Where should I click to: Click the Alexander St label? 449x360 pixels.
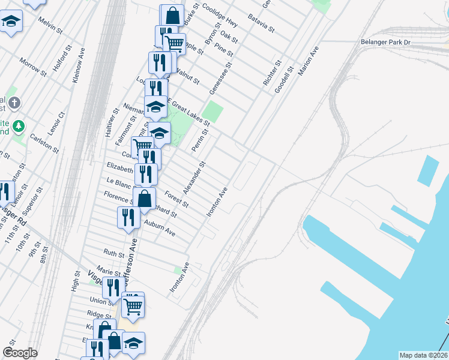click(194, 178)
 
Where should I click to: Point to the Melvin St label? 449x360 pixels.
click(50, 25)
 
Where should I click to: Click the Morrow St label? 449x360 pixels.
click(32, 67)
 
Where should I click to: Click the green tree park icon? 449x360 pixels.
click(19, 125)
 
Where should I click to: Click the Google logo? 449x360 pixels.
click(20, 353)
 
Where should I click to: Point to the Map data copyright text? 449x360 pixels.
click(423, 355)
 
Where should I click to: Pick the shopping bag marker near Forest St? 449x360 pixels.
click(145, 197)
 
